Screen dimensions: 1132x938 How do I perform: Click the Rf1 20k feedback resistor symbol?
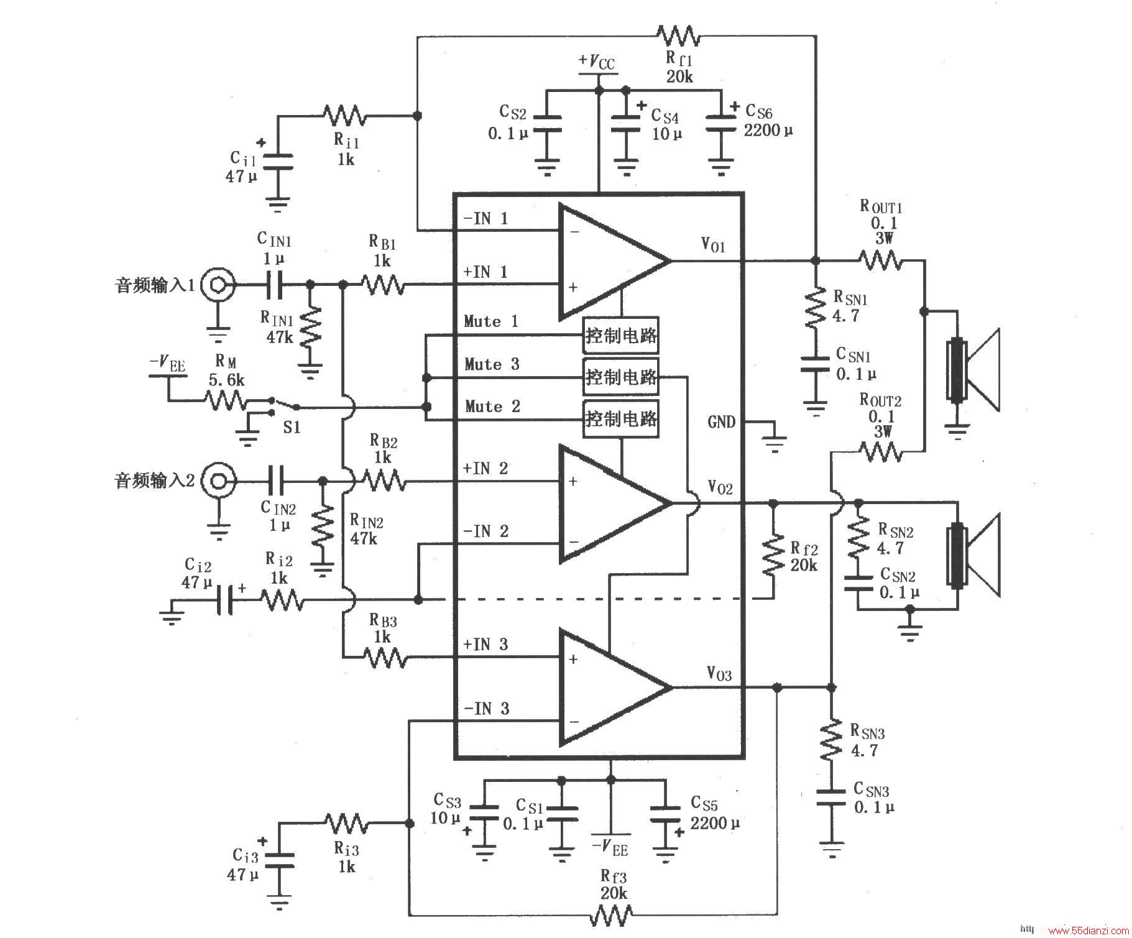(x=678, y=35)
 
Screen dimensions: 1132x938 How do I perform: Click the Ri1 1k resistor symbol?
(x=344, y=116)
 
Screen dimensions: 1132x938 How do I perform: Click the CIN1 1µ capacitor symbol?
(x=274, y=285)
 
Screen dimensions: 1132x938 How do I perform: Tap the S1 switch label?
(x=292, y=427)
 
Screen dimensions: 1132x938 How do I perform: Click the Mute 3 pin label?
(x=492, y=364)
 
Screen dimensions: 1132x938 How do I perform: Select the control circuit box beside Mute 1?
(x=621, y=336)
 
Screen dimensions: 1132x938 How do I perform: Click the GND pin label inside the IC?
(x=721, y=422)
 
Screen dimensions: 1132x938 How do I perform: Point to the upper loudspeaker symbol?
(x=973, y=370)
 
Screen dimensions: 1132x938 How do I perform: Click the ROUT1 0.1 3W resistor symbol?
(x=880, y=260)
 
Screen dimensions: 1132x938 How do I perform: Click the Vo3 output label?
(x=719, y=673)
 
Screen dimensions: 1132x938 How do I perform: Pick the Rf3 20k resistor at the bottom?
(x=612, y=915)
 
